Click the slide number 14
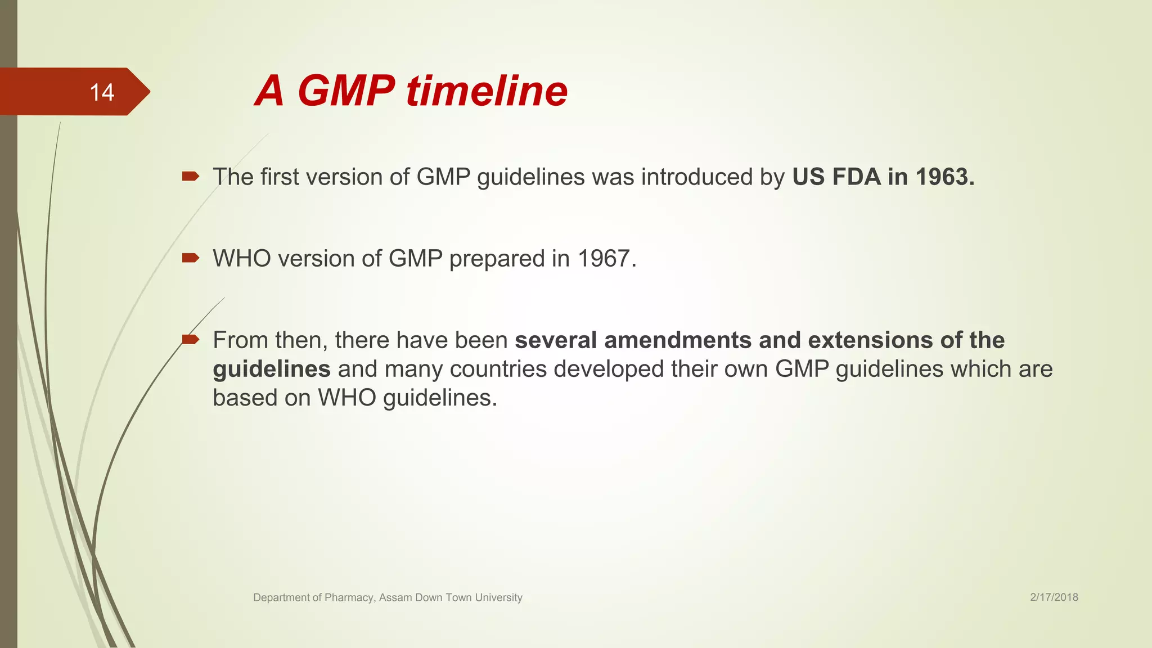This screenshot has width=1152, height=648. click(x=102, y=92)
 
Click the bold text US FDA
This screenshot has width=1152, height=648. click(x=836, y=177)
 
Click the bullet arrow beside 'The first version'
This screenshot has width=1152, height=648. click(x=190, y=177)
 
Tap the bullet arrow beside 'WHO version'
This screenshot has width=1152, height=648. click(x=190, y=258)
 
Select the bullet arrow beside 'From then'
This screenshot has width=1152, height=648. click(x=190, y=339)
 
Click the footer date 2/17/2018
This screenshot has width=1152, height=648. click(x=1054, y=597)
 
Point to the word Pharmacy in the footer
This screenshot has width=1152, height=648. click(x=349, y=597)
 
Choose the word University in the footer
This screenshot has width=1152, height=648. click(x=498, y=597)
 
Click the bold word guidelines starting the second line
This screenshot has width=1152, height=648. click(x=271, y=370)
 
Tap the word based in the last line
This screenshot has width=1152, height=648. click(x=245, y=398)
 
